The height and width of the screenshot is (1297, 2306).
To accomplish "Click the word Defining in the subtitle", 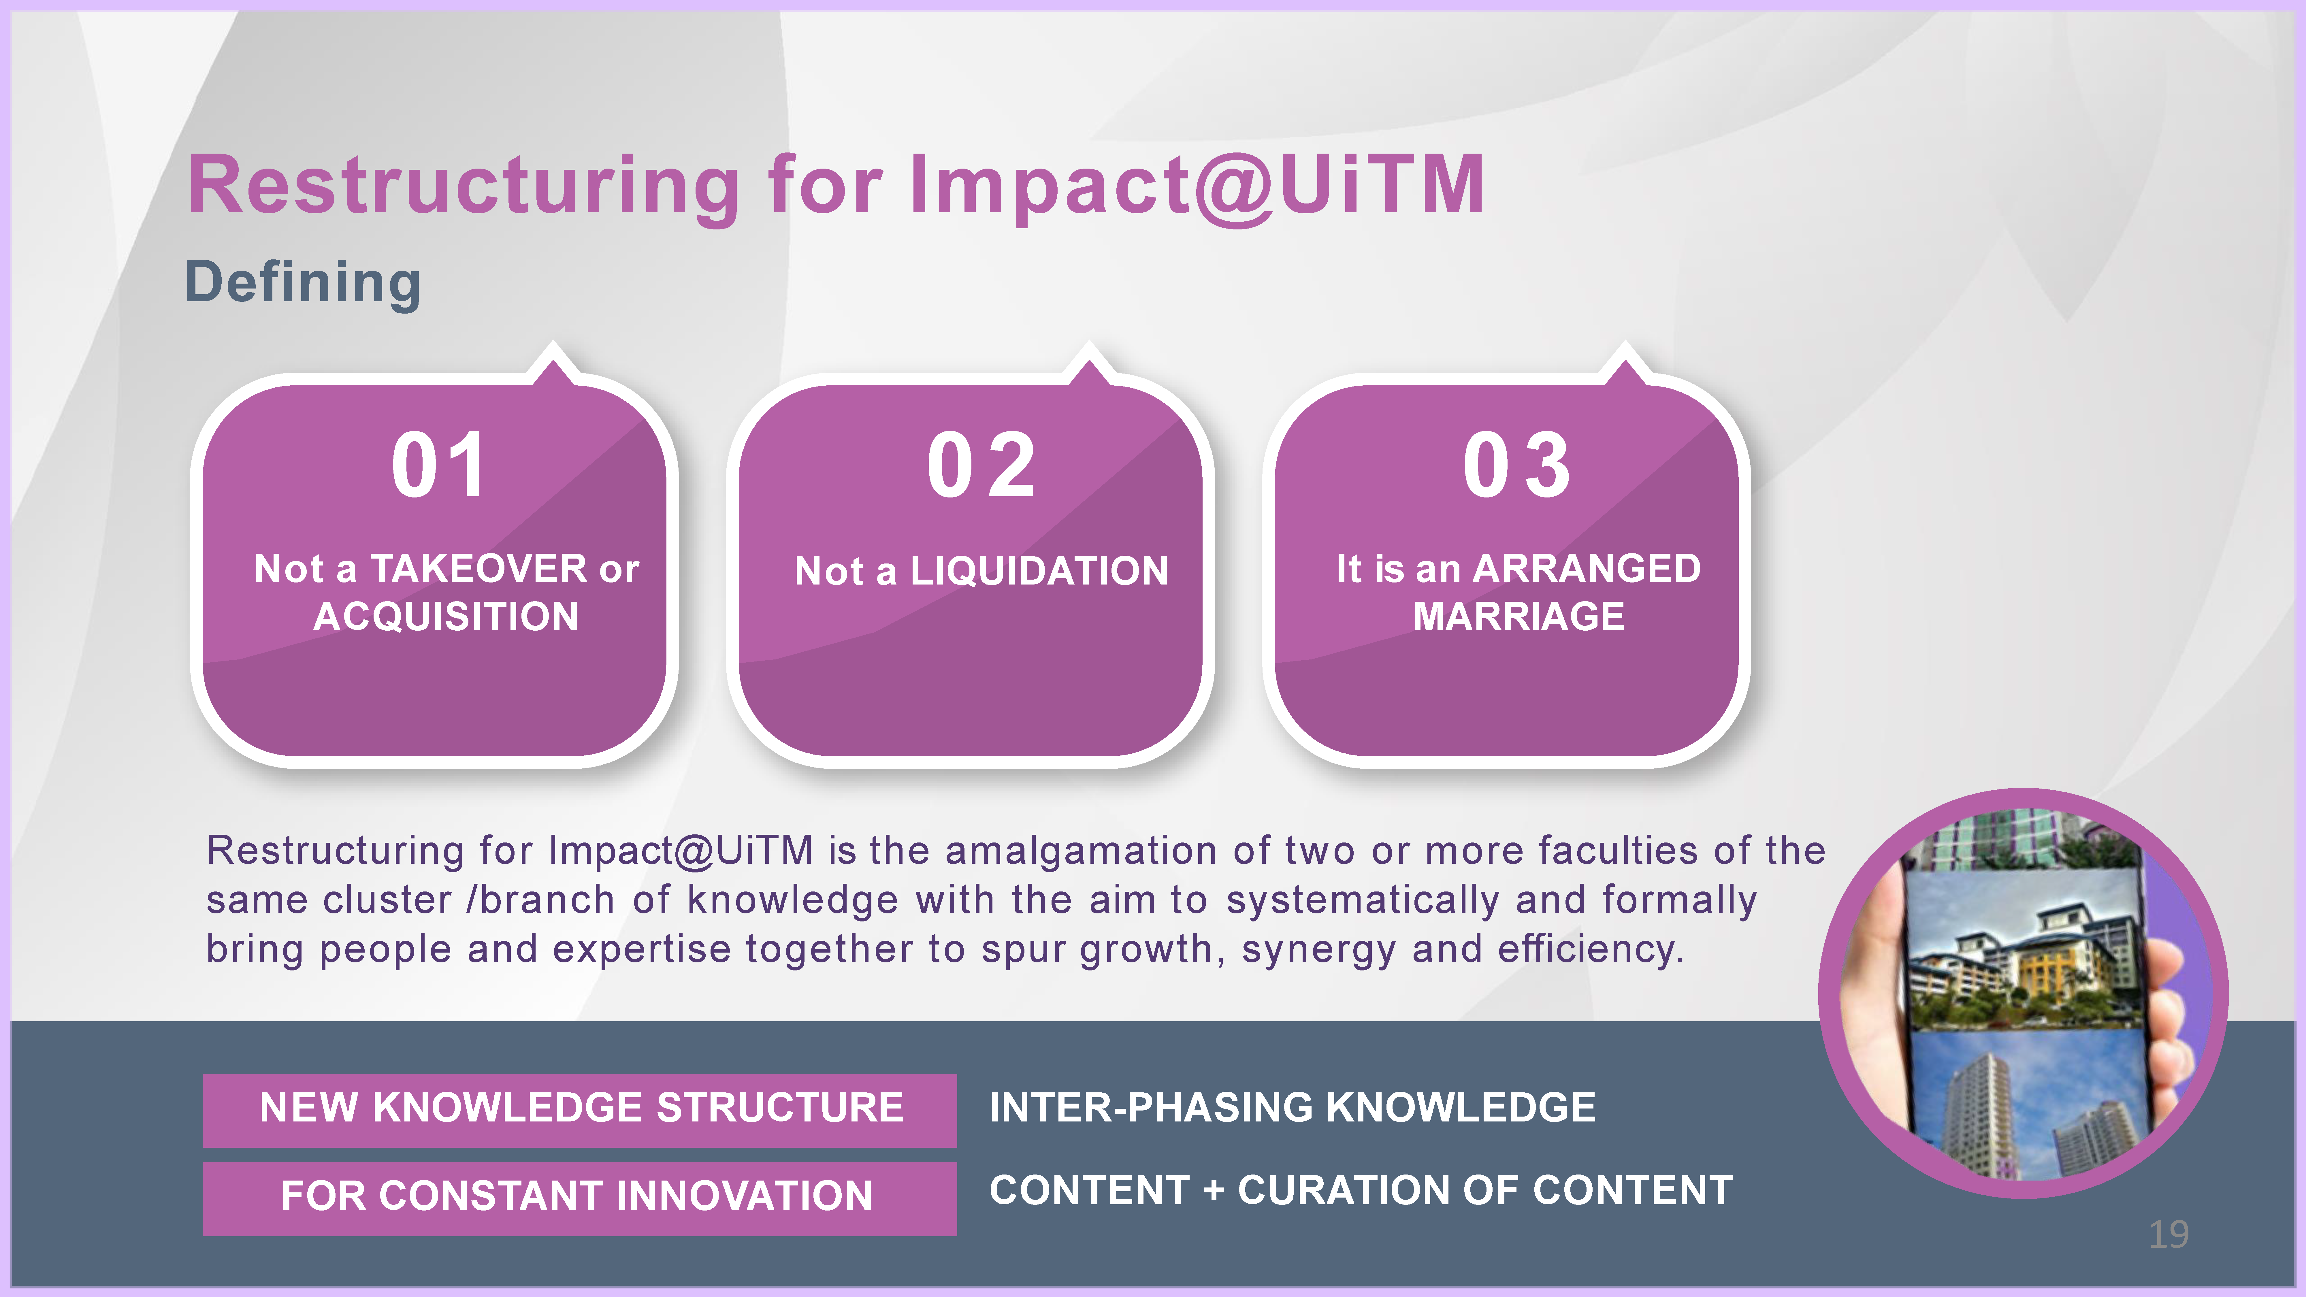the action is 303,283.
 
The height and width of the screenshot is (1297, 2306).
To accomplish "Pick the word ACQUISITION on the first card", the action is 446,617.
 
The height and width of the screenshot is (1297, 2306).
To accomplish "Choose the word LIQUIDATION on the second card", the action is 1039,571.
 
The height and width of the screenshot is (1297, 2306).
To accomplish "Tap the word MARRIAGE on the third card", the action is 1519,617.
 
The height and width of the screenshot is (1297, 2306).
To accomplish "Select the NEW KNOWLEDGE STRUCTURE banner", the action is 580,1110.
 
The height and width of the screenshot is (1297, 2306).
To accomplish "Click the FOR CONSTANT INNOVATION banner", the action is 580,1198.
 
